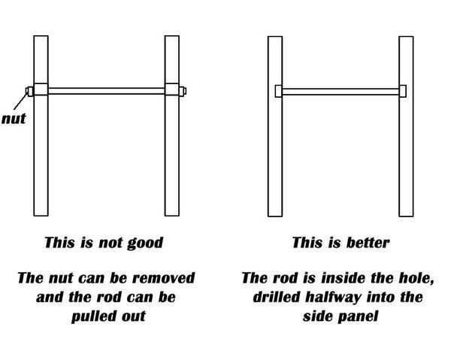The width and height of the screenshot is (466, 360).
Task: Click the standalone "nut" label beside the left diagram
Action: (x=14, y=118)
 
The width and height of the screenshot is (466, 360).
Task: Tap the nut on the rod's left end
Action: (x=29, y=91)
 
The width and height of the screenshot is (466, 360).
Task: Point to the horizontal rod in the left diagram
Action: (x=105, y=91)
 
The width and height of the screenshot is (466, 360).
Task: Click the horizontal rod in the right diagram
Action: (x=340, y=91)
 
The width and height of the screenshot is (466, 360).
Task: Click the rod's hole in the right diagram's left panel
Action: (x=278, y=91)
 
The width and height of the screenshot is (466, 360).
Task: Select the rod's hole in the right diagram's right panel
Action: (x=402, y=91)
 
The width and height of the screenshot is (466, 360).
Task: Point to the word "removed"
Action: (x=165, y=279)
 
